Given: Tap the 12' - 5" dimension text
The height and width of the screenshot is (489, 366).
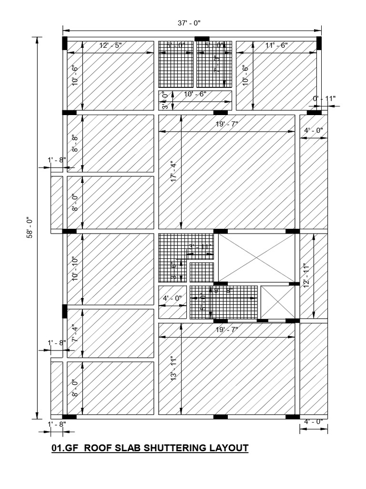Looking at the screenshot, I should coord(110,46).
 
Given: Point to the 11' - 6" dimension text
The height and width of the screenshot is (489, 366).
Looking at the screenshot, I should coord(276,46).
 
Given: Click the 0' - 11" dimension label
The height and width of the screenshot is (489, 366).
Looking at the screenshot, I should coord(324,99).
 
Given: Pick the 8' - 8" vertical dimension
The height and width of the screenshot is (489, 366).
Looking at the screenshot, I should coord(75,143).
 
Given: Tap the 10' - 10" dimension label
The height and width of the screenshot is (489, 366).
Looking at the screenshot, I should coord(75,269).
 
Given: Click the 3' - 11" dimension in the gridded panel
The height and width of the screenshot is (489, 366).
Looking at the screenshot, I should coord(200,247).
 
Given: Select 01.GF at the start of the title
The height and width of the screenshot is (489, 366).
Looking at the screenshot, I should coord(65,448).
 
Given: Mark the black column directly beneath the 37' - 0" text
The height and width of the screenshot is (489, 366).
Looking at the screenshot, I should coord(202,38).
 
